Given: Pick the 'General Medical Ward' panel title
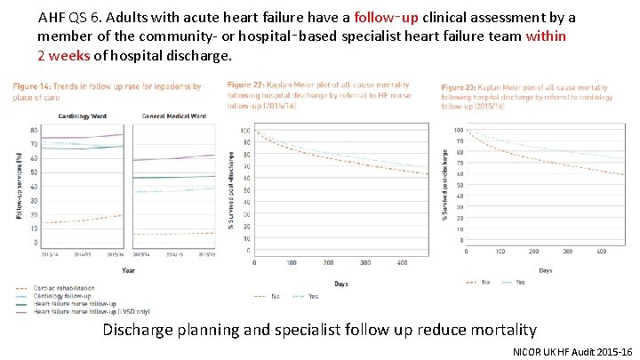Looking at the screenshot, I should (175, 116).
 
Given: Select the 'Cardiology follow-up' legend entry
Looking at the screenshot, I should (67, 295).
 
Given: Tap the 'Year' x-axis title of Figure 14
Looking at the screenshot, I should (129, 270).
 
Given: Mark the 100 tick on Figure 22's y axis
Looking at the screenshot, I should (245, 131).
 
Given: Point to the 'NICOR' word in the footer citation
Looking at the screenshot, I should (531, 352).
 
